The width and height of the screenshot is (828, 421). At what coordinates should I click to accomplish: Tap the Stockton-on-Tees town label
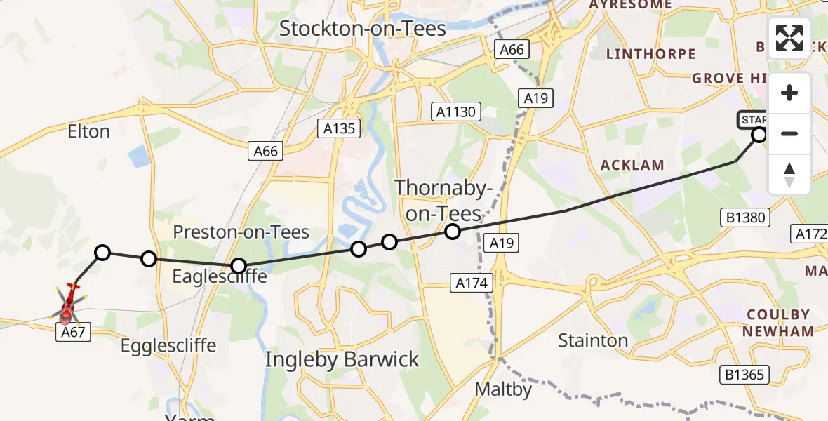point(363,29)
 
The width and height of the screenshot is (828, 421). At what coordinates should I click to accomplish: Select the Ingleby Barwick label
point(342,360)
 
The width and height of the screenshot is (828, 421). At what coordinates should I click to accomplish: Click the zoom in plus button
point(789,93)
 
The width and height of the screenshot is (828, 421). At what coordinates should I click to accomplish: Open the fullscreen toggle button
point(789,38)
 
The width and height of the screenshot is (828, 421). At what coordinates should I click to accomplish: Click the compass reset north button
point(789,174)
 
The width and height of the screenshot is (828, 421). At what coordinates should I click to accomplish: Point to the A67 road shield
point(73,333)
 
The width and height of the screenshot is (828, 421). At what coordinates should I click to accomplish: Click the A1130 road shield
point(456,111)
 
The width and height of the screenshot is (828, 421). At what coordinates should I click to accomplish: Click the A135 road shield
point(340,128)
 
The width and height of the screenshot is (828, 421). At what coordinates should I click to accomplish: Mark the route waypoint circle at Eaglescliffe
point(239,266)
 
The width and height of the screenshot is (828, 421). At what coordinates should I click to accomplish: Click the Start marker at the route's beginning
point(759,134)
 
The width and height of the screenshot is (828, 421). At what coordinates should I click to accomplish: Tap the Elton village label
point(88,131)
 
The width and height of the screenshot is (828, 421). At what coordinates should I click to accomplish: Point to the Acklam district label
point(632,165)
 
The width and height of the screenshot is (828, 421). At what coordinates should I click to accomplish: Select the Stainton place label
point(593,341)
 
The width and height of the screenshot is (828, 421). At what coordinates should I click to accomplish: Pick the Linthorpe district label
point(650,54)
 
